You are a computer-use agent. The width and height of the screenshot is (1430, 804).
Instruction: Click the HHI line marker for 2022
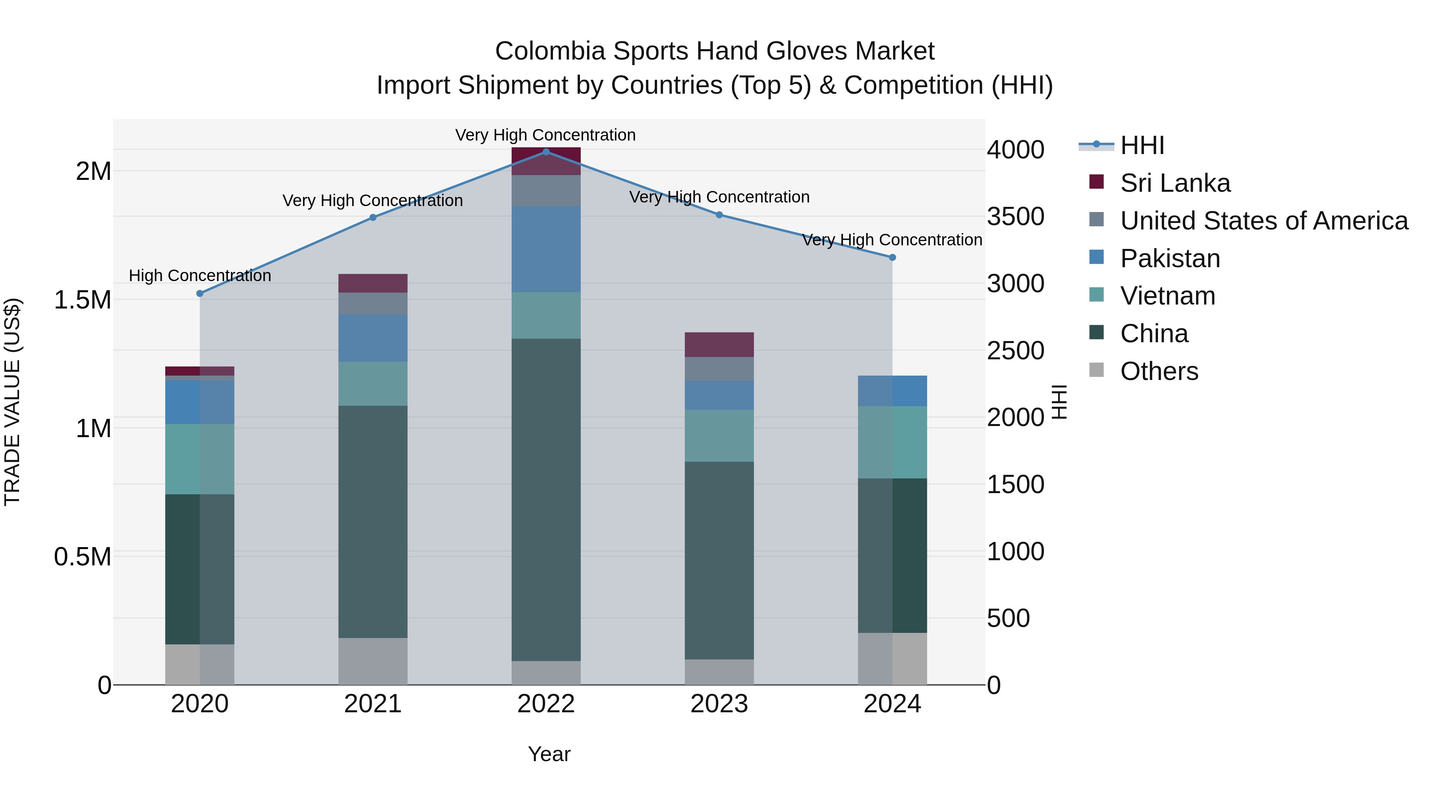tap(546, 152)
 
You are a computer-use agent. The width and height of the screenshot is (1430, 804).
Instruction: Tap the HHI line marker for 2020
tap(200, 293)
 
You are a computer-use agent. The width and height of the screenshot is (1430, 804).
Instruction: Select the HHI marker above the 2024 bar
tap(892, 257)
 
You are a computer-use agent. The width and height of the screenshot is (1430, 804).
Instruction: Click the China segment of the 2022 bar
tap(546, 499)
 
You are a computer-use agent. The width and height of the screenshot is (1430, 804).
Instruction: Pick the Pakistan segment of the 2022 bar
tap(546, 249)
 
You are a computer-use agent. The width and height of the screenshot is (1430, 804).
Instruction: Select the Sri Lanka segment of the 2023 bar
tap(719, 345)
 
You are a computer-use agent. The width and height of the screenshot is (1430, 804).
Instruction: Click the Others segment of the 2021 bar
tap(373, 661)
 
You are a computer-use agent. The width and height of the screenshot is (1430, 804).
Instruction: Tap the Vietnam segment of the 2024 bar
tap(892, 442)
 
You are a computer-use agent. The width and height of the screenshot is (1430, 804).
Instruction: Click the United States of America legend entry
tap(1264, 221)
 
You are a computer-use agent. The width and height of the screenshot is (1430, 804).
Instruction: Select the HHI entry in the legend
tap(1142, 145)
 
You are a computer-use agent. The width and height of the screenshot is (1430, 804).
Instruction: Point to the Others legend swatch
tap(1096, 370)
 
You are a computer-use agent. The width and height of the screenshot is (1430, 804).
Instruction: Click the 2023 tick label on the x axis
tap(719, 704)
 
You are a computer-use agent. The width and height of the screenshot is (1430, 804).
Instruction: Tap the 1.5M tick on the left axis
tap(83, 300)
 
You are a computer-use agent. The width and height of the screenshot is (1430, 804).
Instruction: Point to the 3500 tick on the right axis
tap(1015, 217)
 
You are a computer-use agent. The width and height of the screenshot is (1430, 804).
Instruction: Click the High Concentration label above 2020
tap(200, 276)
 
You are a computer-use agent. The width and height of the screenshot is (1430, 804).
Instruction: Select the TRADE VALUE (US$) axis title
tap(12, 402)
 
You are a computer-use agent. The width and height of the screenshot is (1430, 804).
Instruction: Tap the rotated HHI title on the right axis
tap(1059, 402)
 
